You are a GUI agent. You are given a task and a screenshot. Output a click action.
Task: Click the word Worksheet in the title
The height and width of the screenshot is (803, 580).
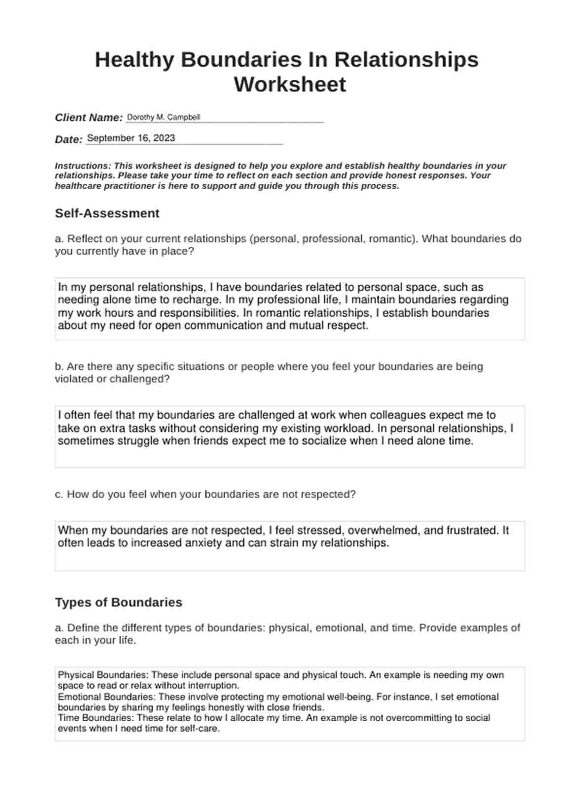(290, 84)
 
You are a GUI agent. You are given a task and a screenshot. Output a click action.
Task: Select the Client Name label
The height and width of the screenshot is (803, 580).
(89, 118)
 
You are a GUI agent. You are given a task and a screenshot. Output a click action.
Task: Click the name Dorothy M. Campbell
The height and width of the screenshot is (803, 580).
(163, 117)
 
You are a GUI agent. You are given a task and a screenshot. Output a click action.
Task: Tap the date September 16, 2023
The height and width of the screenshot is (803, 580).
(131, 138)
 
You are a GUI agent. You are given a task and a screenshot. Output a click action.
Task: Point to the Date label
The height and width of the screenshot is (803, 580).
(69, 140)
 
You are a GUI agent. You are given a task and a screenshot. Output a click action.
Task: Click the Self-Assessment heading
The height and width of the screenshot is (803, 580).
(107, 213)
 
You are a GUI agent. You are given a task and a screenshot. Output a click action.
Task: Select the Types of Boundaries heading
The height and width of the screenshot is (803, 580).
(118, 602)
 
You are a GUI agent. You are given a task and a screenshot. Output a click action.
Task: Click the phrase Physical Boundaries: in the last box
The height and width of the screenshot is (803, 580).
(103, 675)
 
